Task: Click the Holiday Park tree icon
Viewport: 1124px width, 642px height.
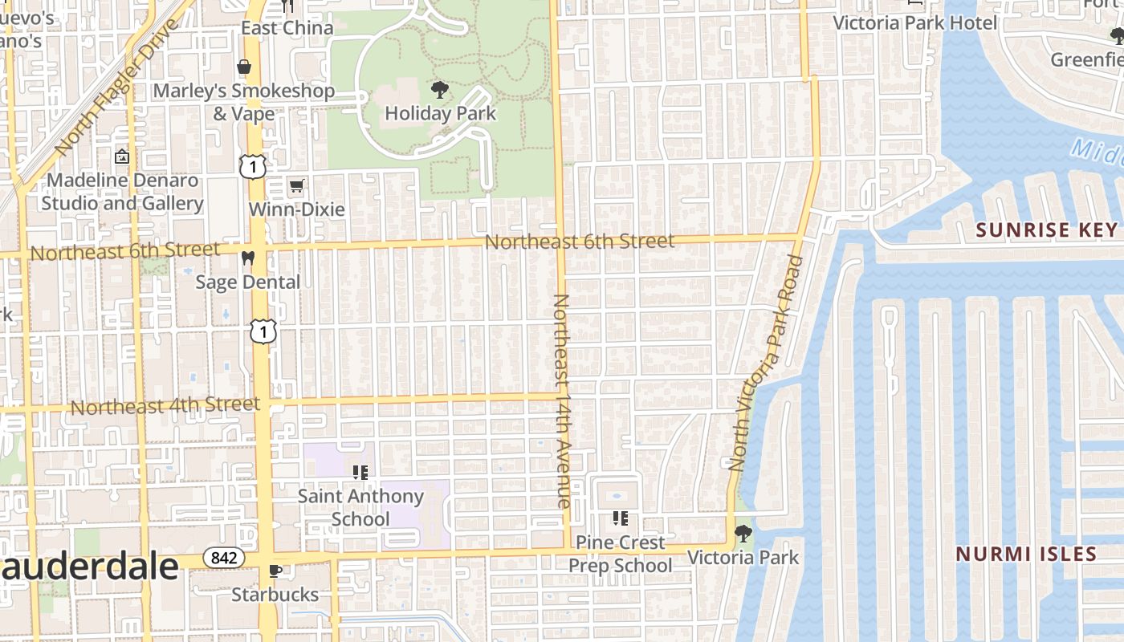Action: pos(439,89)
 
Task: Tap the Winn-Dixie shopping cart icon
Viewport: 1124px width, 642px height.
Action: pos(296,186)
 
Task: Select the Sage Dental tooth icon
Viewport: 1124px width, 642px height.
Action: pos(247,258)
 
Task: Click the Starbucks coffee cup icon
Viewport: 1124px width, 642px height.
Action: pos(275,571)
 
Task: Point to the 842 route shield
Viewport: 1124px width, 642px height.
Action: pos(223,557)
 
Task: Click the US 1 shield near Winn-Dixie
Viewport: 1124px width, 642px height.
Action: pos(252,166)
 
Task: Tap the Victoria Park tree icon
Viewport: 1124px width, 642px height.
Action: pos(743,533)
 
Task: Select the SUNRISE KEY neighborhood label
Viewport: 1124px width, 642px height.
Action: pos(1046,230)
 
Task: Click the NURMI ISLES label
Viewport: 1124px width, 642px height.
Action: pos(1026,554)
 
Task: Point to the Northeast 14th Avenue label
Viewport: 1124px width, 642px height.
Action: pos(562,401)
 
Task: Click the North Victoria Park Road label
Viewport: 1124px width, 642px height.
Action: pos(767,361)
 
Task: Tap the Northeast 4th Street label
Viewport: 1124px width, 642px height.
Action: pos(165,406)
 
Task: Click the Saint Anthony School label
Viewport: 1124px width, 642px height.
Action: pos(360,507)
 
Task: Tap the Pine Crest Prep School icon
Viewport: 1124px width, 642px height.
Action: pos(620,518)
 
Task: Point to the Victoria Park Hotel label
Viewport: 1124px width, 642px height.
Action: pos(914,22)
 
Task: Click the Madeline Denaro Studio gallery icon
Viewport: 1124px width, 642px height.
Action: pos(122,156)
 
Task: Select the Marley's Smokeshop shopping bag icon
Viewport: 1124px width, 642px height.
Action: pos(243,67)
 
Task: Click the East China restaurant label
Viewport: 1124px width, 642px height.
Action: pos(287,28)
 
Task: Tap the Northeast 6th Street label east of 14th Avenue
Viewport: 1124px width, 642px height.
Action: pos(579,241)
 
